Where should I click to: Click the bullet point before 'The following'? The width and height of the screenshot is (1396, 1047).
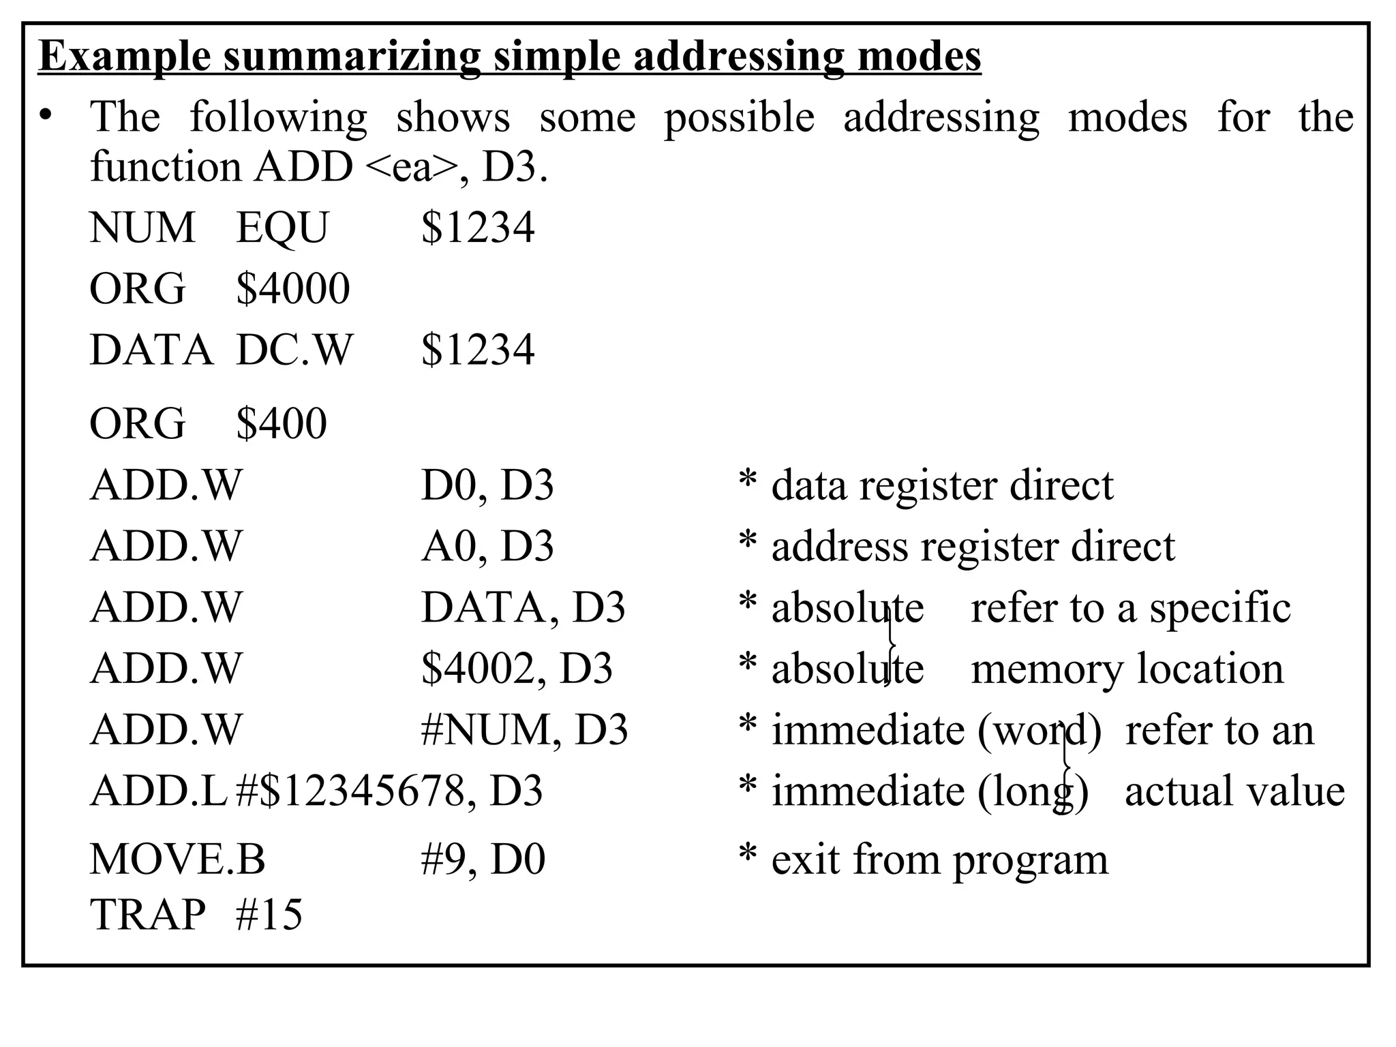point(45,117)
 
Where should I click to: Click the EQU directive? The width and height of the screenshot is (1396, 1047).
point(282,228)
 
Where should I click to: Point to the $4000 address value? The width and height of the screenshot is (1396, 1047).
point(292,288)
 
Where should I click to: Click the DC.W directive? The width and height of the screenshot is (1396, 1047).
point(294,350)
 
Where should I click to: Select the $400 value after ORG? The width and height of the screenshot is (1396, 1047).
point(281,423)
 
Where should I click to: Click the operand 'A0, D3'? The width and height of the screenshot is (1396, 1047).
point(487,546)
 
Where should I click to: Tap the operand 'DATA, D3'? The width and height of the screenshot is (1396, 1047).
point(523,607)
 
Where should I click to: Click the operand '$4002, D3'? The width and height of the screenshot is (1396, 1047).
point(517,669)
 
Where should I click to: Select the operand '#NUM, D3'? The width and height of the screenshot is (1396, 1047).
point(524,730)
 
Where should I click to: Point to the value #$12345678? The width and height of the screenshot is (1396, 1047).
point(349,791)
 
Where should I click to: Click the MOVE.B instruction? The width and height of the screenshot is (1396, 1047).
point(177,860)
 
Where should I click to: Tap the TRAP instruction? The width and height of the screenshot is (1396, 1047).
point(147,914)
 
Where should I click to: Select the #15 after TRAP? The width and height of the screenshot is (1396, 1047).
point(269,914)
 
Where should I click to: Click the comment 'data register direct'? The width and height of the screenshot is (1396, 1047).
point(941,485)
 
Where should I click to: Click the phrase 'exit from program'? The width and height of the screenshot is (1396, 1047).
point(939,860)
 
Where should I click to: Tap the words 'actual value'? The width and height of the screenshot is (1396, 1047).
point(1234,791)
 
